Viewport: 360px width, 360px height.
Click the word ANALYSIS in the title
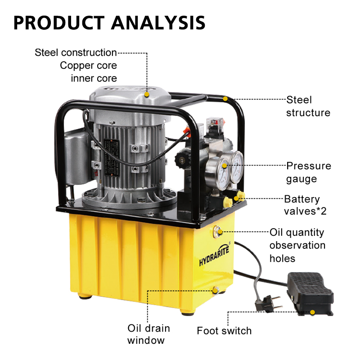tap(158, 23)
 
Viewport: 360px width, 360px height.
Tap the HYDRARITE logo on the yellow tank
tap(214, 255)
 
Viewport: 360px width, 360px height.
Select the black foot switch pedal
tap(310, 293)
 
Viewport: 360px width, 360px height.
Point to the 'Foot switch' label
tap(224, 331)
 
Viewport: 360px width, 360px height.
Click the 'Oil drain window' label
tap(148, 334)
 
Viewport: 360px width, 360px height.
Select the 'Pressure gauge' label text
tap(309, 172)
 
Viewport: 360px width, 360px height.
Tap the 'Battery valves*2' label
tap(305, 205)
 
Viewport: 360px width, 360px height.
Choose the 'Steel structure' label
tap(308, 106)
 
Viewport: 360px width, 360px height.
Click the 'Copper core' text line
tap(88, 65)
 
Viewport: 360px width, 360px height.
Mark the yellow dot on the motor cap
tap(147, 94)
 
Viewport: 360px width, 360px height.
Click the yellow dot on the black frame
tap(225, 99)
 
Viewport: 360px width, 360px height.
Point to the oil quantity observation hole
tap(217, 232)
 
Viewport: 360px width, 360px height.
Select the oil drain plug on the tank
tap(216, 290)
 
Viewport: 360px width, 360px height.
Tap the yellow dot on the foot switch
tap(312, 312)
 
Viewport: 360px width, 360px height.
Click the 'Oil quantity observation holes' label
tap(297, 245)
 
